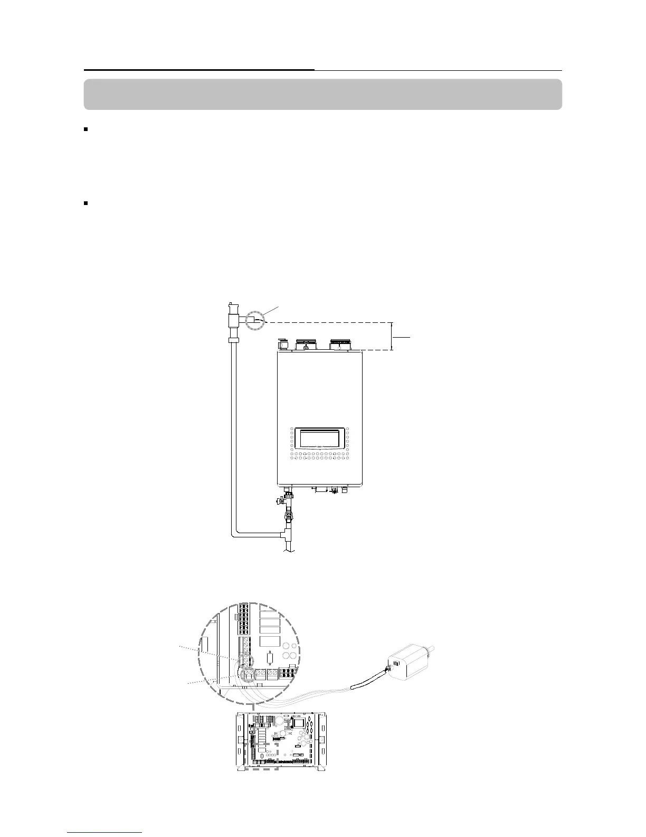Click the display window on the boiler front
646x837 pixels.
pos(319,439)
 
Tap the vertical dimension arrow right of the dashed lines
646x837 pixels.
pos(392,336)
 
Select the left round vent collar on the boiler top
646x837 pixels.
pos(306,345)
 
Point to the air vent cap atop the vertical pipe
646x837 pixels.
pos(231,308)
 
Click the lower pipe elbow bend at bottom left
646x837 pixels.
pos(235,533)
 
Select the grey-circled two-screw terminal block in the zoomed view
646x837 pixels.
pos(248,674)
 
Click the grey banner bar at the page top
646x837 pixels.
pos(322,95)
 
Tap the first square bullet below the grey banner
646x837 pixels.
pos(86,129)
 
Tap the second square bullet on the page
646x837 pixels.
pos(86,203)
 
